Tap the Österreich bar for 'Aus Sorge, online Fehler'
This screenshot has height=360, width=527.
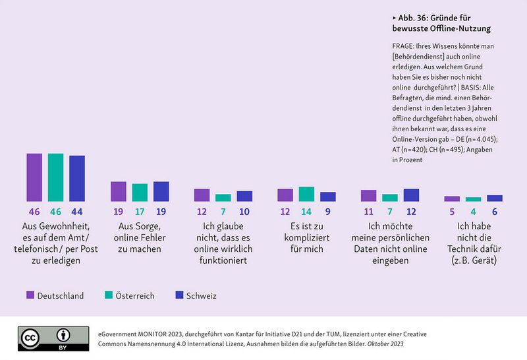click(140, 193)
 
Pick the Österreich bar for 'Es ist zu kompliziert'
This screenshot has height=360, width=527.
click(306, 194)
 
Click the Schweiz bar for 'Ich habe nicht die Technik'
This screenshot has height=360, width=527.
click(495, 198)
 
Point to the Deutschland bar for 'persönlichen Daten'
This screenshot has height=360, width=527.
click(369, 196)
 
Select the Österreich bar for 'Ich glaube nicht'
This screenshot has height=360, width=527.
click(223, 198)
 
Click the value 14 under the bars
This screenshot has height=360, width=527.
click(306, 212)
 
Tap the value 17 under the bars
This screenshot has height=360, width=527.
click(140, 212)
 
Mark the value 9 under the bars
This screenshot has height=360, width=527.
click(328, 212)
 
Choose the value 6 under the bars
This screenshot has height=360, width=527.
click(495, 212)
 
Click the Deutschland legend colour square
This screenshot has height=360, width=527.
click(30, 295)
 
